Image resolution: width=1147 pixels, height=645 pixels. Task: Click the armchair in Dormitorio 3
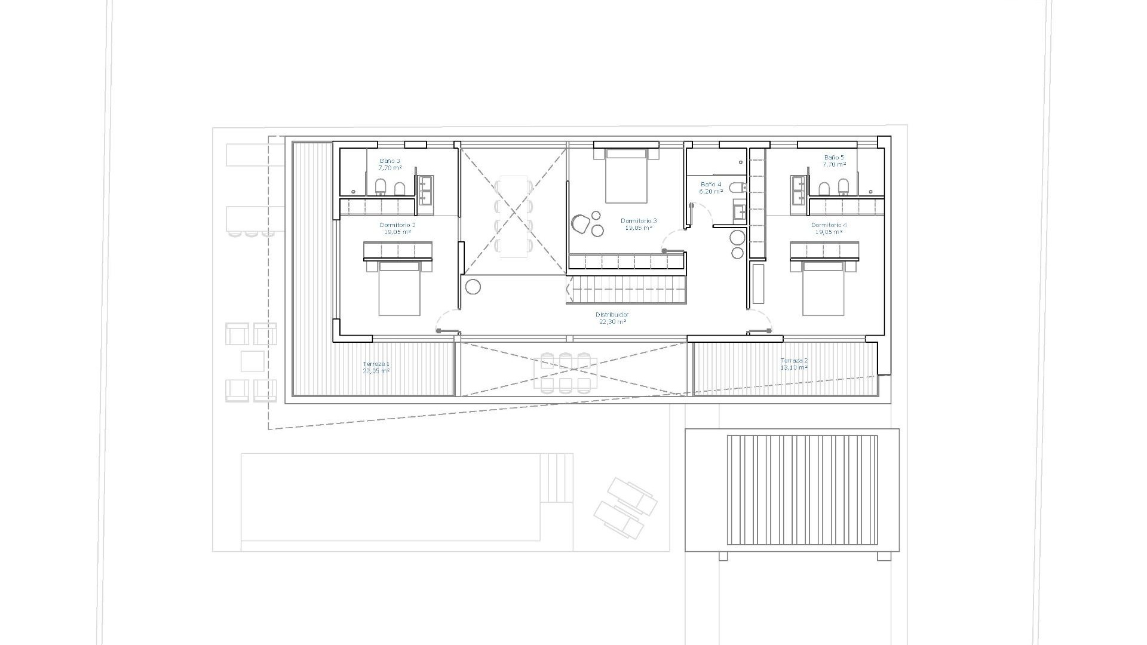tap(579, 224)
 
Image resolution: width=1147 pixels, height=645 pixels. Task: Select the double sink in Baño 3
tap(425, 190)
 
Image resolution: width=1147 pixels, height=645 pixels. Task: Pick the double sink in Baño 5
tap(799, 190)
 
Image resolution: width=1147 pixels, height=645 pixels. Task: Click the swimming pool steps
tap(556, 478)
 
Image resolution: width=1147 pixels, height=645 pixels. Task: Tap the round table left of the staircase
tap(473, 287)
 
